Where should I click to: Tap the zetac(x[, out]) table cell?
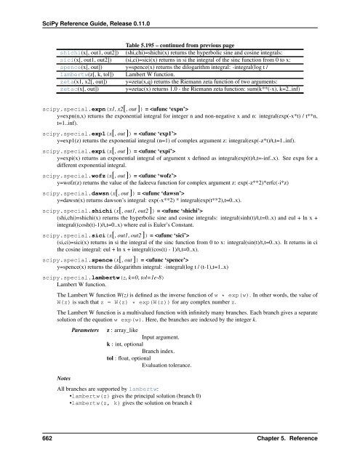point(71,92)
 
